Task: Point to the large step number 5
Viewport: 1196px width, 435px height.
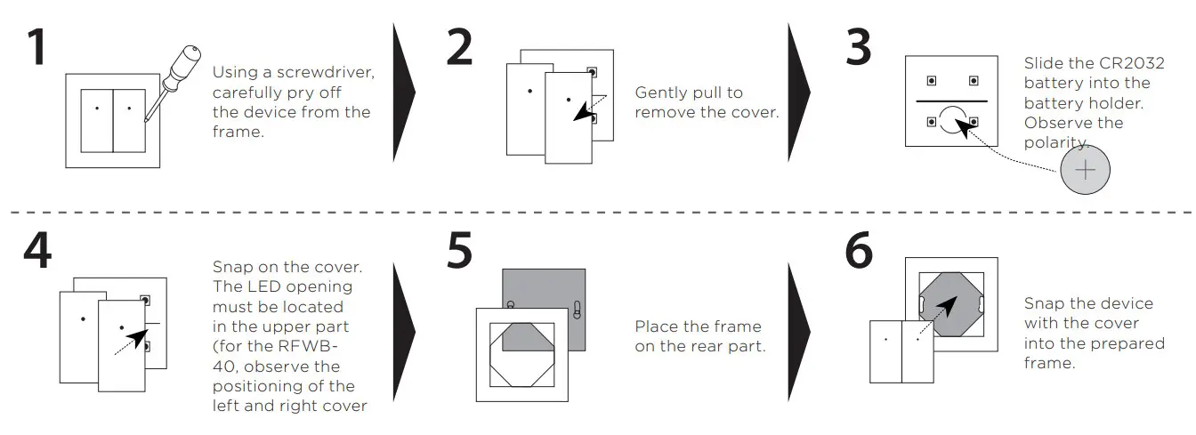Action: point(459,252)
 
